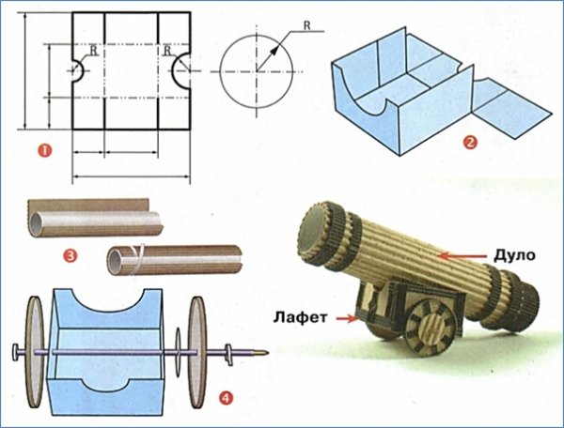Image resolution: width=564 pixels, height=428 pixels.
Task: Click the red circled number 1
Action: [x=44, y=150]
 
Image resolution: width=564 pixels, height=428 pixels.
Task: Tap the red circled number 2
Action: [x=471, y=143]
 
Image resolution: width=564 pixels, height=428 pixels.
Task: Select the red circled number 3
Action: [x=70, y=255]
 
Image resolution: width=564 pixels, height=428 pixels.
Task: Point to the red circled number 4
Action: [x=227, y=398]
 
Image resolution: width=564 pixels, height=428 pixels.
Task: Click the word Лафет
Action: [x=301, y=317]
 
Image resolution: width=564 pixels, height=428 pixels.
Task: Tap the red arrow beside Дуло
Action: [x=463, y=256]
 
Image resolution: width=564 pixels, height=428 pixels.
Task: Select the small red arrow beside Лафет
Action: [x=346, y=318]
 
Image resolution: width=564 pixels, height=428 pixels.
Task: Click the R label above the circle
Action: [x=306, y=25]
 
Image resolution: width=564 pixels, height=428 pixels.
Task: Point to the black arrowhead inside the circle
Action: [x=274, y=50]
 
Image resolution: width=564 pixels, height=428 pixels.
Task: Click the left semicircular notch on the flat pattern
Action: [x=78, y=70]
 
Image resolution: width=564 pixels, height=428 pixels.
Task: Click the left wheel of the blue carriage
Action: [x=33, y=352]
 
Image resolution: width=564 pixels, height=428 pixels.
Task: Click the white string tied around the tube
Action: [x=136, y=259]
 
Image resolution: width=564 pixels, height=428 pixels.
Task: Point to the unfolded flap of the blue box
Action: [x=511, y=108]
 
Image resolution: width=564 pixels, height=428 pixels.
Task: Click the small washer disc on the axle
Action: [x=178, y=352]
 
